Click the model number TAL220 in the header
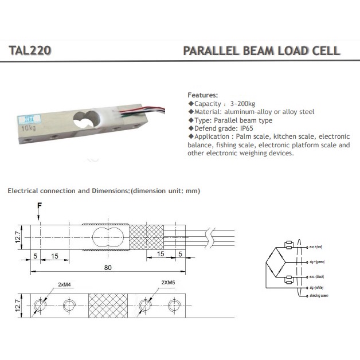click(30, 50)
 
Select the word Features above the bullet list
click(203, 95)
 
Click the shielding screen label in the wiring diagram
click(319, 296)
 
